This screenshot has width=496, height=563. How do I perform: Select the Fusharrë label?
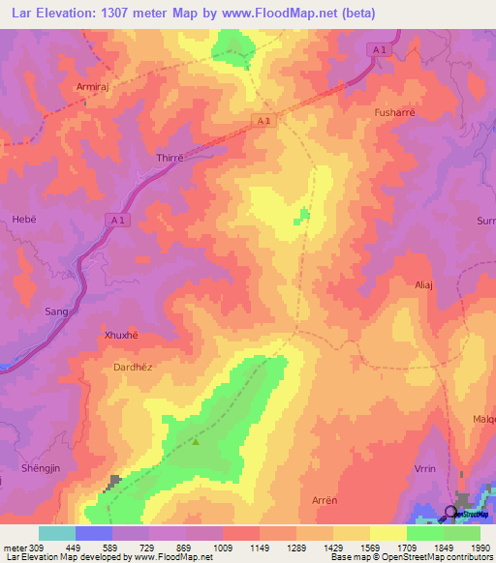393,112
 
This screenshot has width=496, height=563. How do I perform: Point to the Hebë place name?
24,220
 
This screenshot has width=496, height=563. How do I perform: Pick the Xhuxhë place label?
121,335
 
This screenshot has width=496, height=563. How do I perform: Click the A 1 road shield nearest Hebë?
116,221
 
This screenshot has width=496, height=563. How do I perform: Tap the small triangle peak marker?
196,442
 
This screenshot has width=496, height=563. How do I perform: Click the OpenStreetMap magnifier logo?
450,513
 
